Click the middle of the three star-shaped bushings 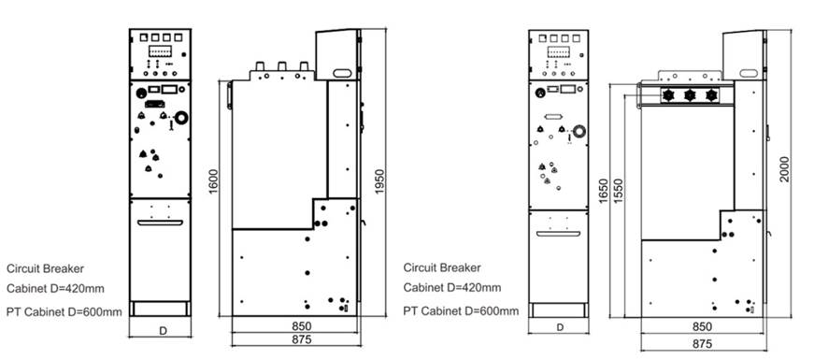[x=690, y=95]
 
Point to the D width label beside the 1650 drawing [x=559, y=327]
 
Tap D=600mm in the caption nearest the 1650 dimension [x=487, y=310]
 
